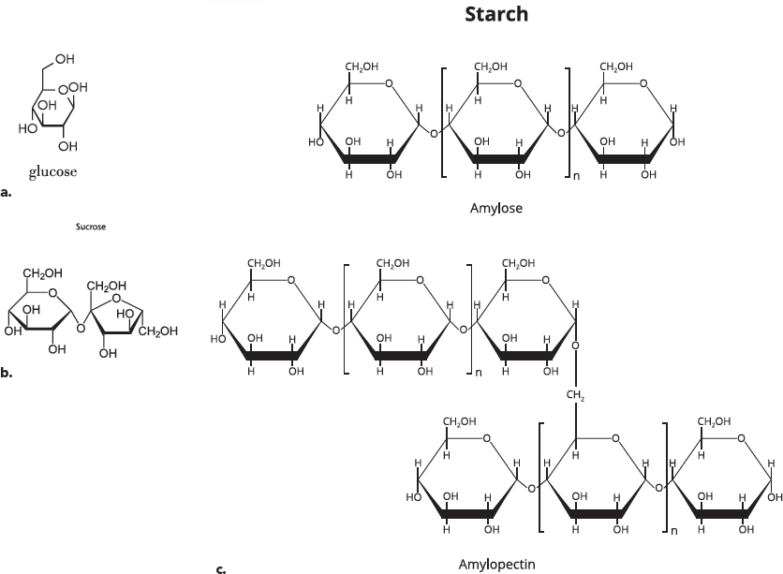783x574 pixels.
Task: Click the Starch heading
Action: click(496, 14)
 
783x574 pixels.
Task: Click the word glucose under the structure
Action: click(53, 172)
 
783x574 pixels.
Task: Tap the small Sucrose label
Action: click(91, 227)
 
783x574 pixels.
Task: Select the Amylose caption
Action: click(495, 208)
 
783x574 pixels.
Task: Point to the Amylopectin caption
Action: click(496, 565)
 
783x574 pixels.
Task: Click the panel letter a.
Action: click(6, 193)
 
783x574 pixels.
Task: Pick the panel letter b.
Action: click(6, 373)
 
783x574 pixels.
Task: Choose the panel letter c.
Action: click(221, 569)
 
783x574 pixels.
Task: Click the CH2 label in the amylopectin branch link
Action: click(575, 395)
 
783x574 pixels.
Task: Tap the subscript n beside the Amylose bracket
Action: click(576, 176)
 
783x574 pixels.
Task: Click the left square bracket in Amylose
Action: click(443, 123)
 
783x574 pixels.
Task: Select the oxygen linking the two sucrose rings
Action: click(81, 328)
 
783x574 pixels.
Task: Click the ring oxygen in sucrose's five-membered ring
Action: click(116, 299)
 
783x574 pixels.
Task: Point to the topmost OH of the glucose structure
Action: click(65, 59)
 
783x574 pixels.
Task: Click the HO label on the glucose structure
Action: click(27, 129)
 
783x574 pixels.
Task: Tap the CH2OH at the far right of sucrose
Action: click(158, 331)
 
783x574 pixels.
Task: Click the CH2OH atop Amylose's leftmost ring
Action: click(362, 66)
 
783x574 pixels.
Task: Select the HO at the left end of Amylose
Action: click(316, 142)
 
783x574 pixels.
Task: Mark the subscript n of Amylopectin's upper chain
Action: click(479, 373)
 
